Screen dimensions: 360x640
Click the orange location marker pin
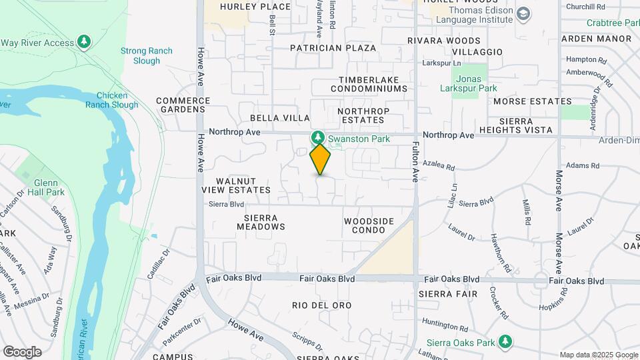click(320, 159)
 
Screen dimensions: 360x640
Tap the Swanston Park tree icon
click(318, 138)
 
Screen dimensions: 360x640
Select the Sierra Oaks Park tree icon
click(505, 342)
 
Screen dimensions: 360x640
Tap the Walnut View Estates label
click(243, 185)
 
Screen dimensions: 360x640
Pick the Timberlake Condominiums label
click(369, 84)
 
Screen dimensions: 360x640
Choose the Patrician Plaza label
click(333, 48)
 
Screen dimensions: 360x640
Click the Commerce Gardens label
click(183, 105)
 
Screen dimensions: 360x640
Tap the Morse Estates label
click(532, 101)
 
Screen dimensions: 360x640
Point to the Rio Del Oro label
click(321, 305)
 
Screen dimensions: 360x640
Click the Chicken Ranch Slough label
click(112, 100)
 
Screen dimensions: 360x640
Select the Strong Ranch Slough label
click(146, 55)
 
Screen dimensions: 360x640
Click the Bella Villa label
click(280, 118)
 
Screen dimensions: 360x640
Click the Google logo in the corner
click(22, 351)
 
